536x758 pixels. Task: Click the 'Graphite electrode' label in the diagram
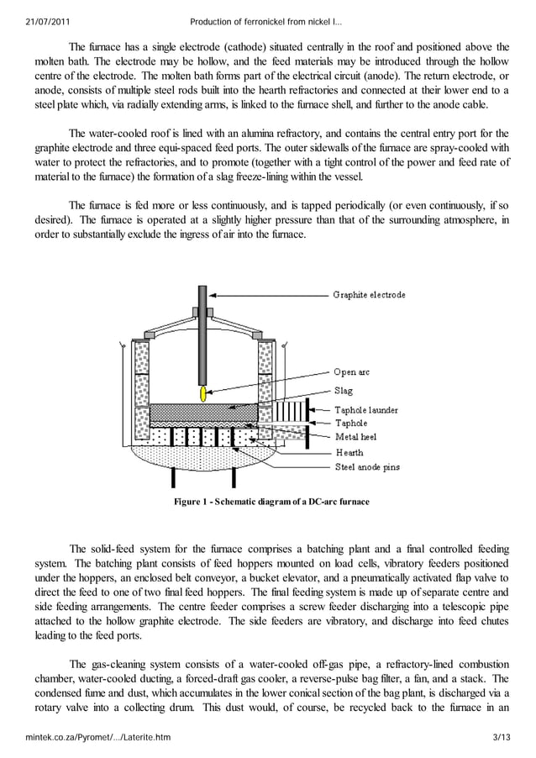tap(369, 295)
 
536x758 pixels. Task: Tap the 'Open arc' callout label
tap(351, 372)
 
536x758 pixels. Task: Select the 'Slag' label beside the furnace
tap(343, 391)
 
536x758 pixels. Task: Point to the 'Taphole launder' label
tap(365, 410)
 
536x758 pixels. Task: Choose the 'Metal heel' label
tap(356, 437)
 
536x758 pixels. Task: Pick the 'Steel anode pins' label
tap(367, 466)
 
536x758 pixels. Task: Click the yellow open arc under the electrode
tap(202, 392)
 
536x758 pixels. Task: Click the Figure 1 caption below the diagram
tap(271, 502)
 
